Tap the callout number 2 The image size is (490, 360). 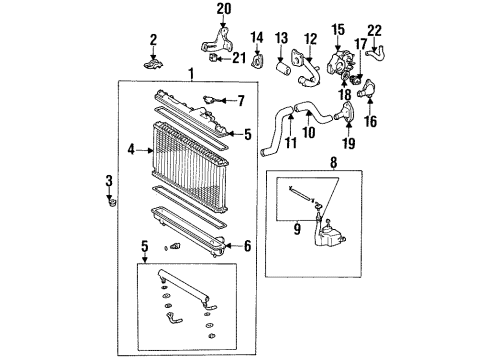(x=154, y=40)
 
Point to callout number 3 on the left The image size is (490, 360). (x=109, y=180)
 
